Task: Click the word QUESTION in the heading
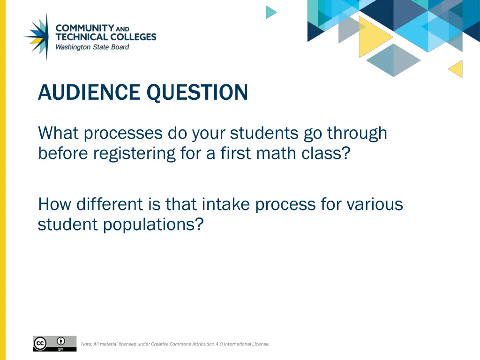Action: tap(197, 92)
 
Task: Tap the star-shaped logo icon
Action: tap(37, 37)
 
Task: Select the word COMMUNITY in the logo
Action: tap(85, 28)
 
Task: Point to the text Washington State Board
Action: tap(92, 47)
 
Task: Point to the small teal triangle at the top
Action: tap(271, 12)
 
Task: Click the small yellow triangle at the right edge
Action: tap(456, 69)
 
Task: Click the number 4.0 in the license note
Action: tap(219, 344)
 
